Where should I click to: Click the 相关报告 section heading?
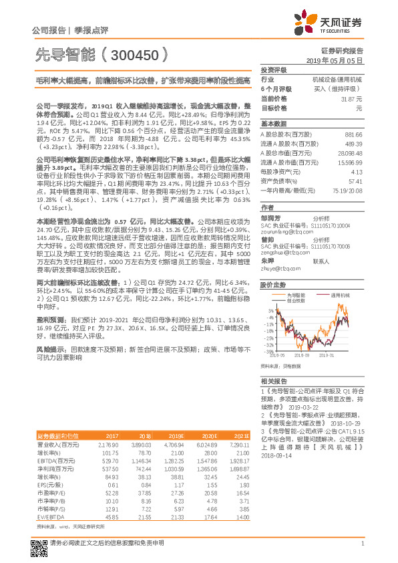click(x=273, y=380)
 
